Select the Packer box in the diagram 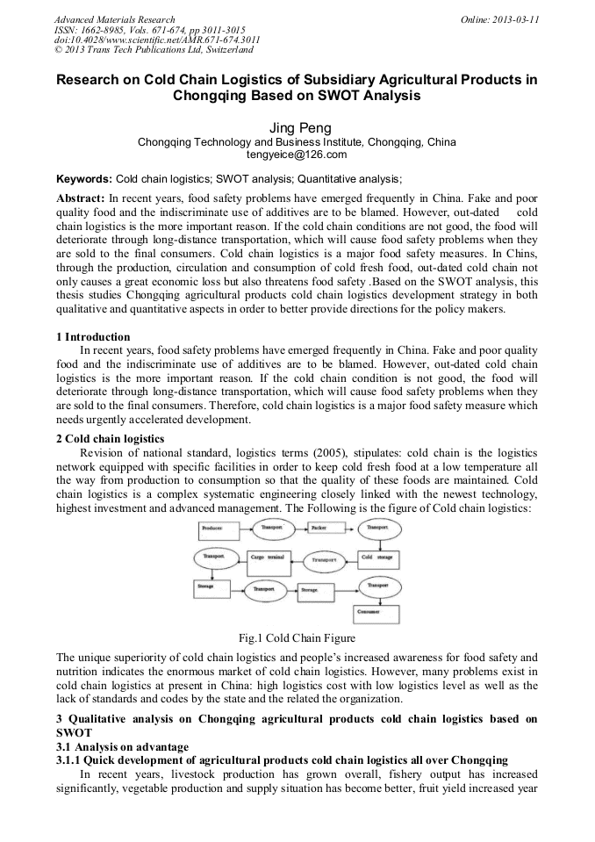click(326, 529)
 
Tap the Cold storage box click(379, 558)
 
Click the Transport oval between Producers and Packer click(273, 529)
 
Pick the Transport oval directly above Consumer click(379, 585)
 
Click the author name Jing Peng click(297, 128)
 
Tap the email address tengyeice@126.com click(297, 155)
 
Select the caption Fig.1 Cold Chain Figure click(297, 638)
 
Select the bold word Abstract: click(81, 198)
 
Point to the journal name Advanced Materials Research click(114, 19)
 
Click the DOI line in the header click(156, 40)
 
